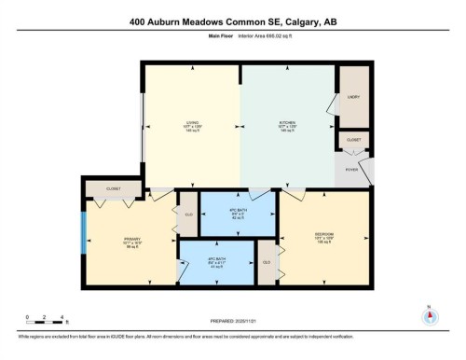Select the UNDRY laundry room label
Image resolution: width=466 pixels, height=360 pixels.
[x=354, y=97]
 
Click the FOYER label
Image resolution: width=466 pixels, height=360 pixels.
[x=352, y=170]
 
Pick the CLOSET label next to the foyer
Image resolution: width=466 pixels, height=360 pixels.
[x=354, y=140]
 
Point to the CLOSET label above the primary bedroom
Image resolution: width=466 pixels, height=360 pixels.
[x=113, y=187]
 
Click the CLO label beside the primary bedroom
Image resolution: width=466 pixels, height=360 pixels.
[x=188, y=214]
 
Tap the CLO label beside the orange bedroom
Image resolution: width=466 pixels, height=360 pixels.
[x=267, y=262]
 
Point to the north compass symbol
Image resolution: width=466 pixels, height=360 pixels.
[x=428, y=313]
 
